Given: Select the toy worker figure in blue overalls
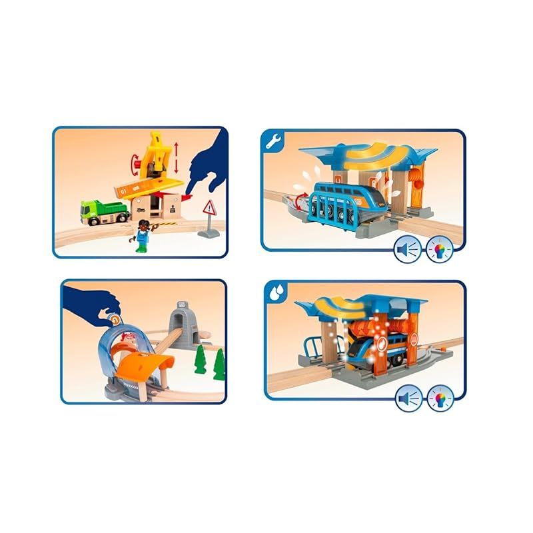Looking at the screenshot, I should click(x=142, y=237).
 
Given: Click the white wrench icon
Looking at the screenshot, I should click(x=270, y=142).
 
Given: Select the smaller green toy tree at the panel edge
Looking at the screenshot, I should click(x=219, y=366).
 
